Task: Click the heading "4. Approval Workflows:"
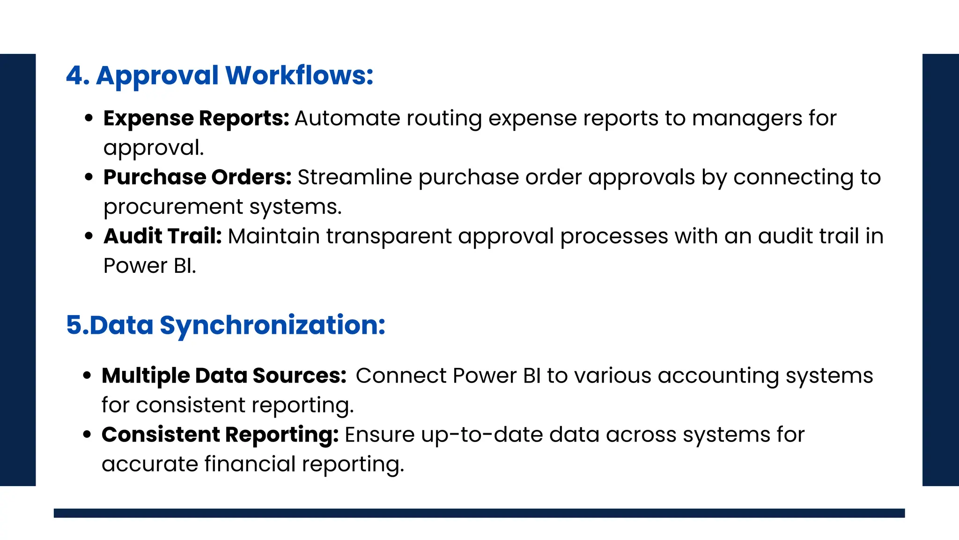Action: [x=219, y=75]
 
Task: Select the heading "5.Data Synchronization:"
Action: [x=225, y=325]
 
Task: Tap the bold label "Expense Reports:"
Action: [x=196, y=118]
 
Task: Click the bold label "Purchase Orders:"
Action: [x=197, y=177]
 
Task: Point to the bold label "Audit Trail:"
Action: [x=162, y=236]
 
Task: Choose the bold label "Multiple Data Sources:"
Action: [x=224, y=376]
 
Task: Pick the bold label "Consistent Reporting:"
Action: [x=220, y=435]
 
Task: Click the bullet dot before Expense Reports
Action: [x=89, y=119]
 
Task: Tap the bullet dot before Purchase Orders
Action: [x=89, y=178]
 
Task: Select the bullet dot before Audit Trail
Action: [x=89, y=237]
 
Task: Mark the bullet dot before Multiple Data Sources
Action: [x=87, y=376]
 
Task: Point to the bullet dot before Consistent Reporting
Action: [x=87, y=435]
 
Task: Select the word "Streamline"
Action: [x=354, y=178]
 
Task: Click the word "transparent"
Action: [x=389, y=236]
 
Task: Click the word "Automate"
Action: [x=347, y=119]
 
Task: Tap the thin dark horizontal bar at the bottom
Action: [x=479, y=513]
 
